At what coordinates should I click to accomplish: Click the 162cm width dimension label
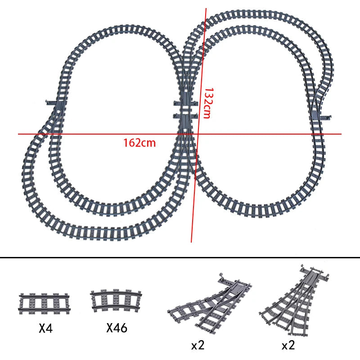pyautogui.click(x=139, y=143)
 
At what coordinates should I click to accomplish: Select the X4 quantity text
pyautogui.click(x=46, y=328)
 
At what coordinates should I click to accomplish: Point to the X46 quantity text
pyautogui.click(x=117, y=328)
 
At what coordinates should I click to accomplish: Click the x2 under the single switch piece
pyautogui.click(x=198, y=345)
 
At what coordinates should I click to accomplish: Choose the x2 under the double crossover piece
pyautogui.click(x=288, y=345)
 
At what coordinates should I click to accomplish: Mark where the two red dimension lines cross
pyautogui.click(x=196, y=134)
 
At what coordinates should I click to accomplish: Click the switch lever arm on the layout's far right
pyautogui.click(x=328, y=118)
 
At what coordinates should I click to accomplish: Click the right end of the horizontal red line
pyautogui.click(x=341, y=134)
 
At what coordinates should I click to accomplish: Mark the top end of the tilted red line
pyautogui.click(x=207, y=8)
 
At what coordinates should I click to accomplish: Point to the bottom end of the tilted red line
pyautogui.click(x=192, y=242)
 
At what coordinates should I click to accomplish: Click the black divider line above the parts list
pyautogui.click(x=180, y=258)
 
